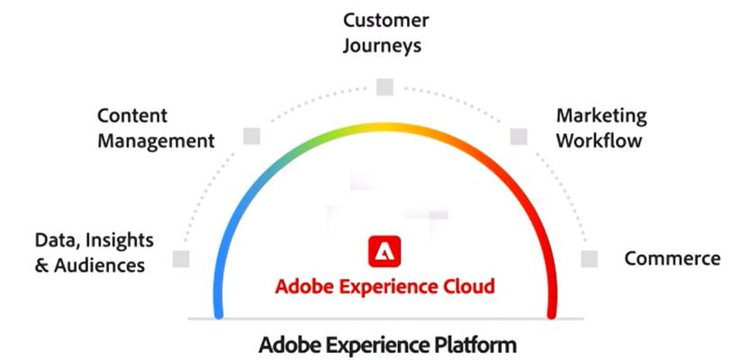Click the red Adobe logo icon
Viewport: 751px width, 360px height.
(x=385, y=251)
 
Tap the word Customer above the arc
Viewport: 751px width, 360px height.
(x=385, y=20)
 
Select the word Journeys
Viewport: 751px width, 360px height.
(x=382, y=46)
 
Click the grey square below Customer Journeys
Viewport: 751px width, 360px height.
(x=385, y=87)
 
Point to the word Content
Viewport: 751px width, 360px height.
(x=132, y=115)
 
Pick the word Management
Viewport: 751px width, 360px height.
(x=156, y=141)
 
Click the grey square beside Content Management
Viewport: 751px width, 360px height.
(x=251, y=136)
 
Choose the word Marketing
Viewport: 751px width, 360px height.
(x=602, y=116)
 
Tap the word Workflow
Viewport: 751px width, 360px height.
(x=599, y=140)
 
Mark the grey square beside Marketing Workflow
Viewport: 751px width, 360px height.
(x=519, y=137)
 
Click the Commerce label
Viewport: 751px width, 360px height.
(x=673, y=258)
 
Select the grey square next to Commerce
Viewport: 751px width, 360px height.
(x=589, y=259)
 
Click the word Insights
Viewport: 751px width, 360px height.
(x=119, y=241)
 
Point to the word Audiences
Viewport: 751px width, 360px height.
(x=99, y=265)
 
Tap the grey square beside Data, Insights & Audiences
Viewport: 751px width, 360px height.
(x=181, y=259)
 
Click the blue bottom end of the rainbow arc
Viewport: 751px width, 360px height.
(x=219, y=314)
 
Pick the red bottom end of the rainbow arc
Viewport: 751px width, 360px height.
(x=552, y=314)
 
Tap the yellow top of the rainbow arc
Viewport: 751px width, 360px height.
(x=385, y=127)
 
